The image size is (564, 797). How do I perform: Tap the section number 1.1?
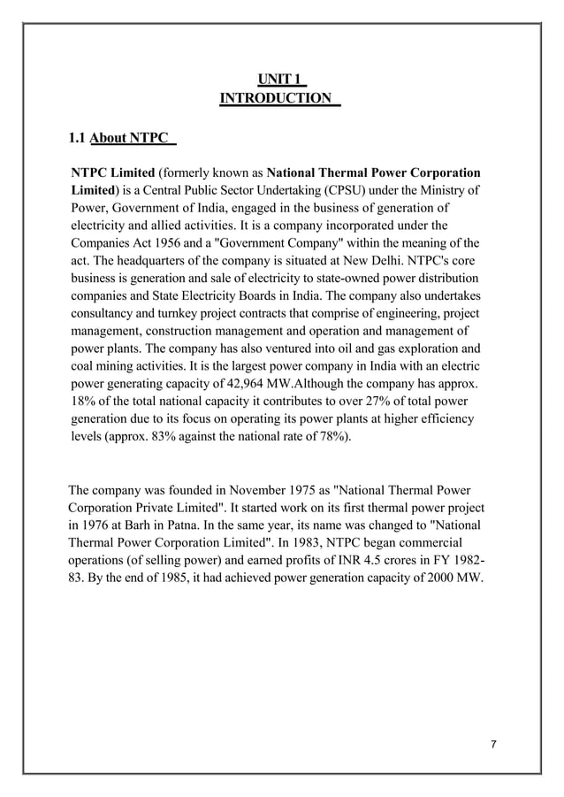78,138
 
